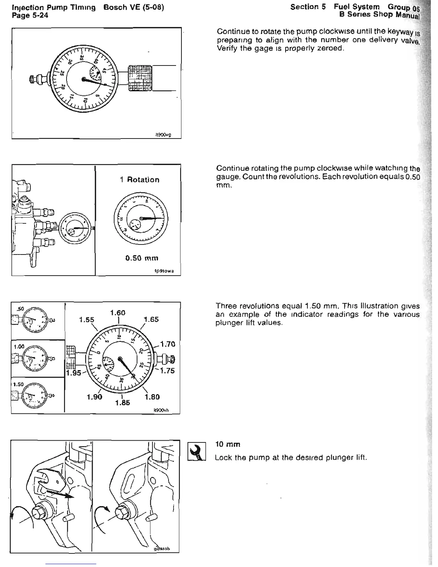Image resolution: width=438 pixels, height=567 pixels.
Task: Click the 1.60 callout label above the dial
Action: click(x=118, y=313)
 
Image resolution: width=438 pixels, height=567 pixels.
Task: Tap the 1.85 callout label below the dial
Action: click(x=122, y=403)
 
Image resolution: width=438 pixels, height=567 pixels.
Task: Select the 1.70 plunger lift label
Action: click(x=167, y=344)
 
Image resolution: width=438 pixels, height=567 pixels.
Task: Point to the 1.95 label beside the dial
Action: click(x=74, y=373)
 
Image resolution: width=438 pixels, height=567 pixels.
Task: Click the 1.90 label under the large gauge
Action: click(x=94, y=397)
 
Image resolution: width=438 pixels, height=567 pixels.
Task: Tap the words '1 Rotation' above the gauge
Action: click(x=140, y=180)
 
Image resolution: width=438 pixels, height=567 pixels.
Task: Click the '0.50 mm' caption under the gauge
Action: click(x=140, y=258)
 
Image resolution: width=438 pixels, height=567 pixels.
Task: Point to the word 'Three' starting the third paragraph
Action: click(x=225, y=306)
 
